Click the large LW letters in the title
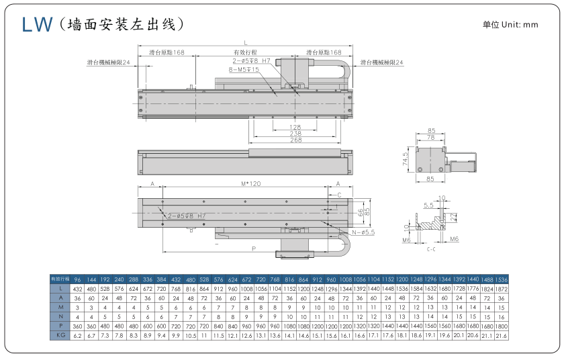coord(38,25)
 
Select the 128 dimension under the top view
coord(295,127)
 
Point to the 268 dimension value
coord(295,140)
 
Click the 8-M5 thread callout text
coord(244,69)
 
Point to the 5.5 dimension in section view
coord(428,205)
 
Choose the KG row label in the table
coord(60,334)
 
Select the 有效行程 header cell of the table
coord(60,279)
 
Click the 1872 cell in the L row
coord(501,288)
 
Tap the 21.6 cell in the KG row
coord(501,334)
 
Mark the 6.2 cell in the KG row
coord(77,334)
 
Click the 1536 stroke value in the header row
coord(501,279)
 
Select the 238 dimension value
coord(295,134)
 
